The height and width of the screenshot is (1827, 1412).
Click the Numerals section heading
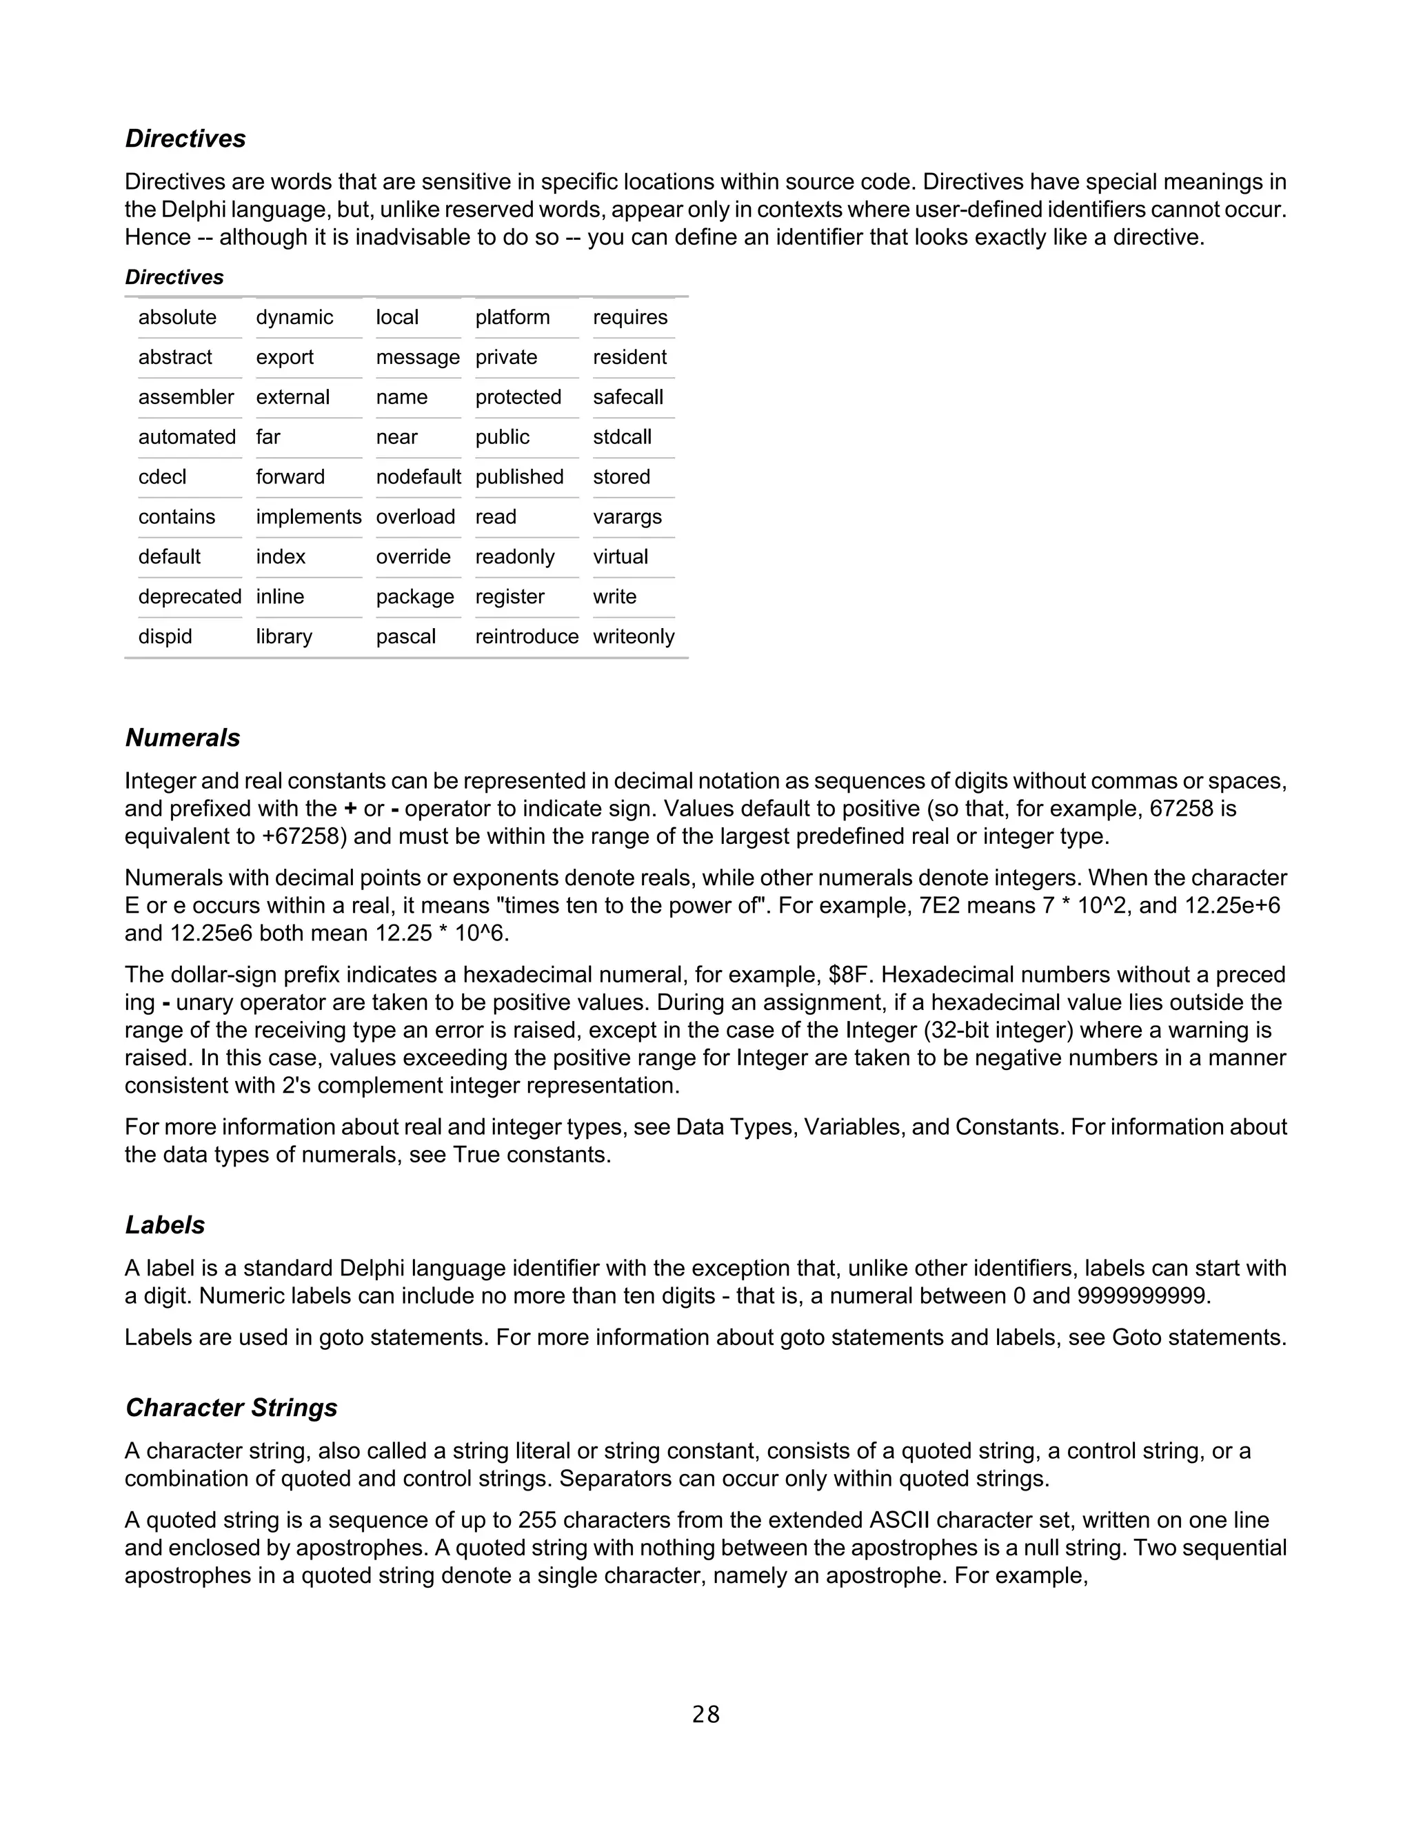coord(182,738)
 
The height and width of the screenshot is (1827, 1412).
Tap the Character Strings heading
coord(231,1407)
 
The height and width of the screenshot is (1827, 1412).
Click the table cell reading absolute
coord(177,317)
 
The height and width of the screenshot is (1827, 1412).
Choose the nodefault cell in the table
coord(418,477)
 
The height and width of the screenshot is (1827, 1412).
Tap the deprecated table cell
coord(190,596)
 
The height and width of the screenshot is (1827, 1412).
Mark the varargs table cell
coord(627,517)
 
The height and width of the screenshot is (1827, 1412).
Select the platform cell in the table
coord(512,317)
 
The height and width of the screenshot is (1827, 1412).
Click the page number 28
coord(706,1715)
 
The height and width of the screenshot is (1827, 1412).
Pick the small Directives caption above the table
coord(174,277)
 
